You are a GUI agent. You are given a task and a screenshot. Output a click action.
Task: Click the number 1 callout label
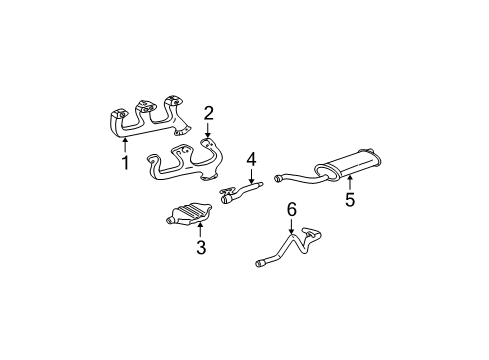tap(126, 163)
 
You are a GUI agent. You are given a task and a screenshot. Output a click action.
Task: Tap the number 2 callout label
tap(209, 112)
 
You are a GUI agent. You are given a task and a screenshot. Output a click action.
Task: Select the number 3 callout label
tap(201, 247)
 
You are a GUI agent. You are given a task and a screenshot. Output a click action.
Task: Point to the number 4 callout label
tap(252, 157)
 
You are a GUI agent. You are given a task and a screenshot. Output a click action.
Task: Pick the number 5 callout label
tap(350, 198)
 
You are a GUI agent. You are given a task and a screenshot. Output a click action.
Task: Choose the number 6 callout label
tap(292, 210)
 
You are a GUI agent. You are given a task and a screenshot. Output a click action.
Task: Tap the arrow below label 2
tap(208, 129)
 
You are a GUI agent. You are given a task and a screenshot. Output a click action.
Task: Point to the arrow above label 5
tap(350, 180)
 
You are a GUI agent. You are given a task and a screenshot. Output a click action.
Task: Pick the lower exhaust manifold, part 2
tap(190, 165)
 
